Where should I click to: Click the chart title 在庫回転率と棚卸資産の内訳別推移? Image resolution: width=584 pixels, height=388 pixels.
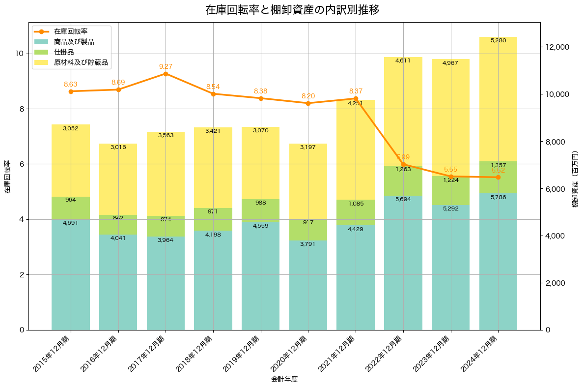[292, 10]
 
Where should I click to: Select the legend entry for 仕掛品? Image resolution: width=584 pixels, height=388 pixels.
[64, 53]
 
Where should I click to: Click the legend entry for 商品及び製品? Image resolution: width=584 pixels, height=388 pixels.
[74, 42]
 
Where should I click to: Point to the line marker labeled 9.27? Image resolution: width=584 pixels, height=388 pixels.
[166, 74]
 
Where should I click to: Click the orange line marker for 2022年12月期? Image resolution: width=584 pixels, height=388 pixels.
[403, 164]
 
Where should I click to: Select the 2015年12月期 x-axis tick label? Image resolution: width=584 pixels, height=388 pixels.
[52, 354]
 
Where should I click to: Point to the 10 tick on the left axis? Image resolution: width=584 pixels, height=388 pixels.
[19, 54]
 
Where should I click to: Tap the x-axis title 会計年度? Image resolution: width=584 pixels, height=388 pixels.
[284, 379]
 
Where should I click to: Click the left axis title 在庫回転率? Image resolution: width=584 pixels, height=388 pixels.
[7, 177]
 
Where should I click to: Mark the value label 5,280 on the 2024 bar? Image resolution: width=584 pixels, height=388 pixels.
[498, 40]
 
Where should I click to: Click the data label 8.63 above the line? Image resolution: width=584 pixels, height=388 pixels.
[71, 85]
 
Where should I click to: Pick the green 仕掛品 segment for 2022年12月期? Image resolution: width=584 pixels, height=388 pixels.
[403, 180]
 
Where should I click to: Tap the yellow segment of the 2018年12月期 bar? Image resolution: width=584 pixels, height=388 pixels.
[213, 167]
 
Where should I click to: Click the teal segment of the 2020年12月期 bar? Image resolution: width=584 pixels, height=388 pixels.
[308, 285]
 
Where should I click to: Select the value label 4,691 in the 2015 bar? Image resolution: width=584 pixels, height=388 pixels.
[71, 223]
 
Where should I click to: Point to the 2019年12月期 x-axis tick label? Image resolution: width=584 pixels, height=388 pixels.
[242, 354]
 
